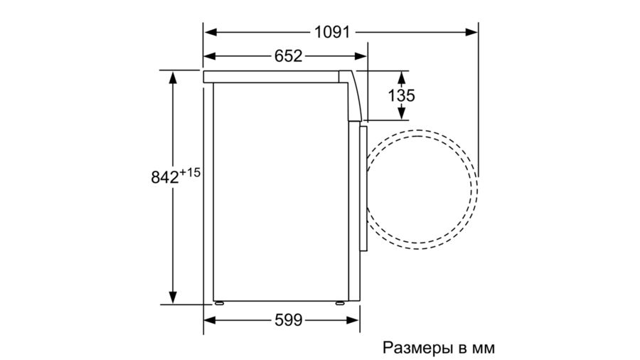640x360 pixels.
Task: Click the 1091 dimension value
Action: [x=332, y=32]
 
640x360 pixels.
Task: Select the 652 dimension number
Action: [x=288, y=56]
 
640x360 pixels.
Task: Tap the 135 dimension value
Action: [x=401, y=95]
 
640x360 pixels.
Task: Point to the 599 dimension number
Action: [x=288, y=320]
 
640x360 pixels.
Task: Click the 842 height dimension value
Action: [x=165, y=177]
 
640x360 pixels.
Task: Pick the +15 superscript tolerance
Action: [x=190, y=172]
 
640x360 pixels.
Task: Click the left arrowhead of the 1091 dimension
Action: [x=210, y=32]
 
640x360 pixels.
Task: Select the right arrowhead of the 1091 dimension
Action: [x=471, y=32]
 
